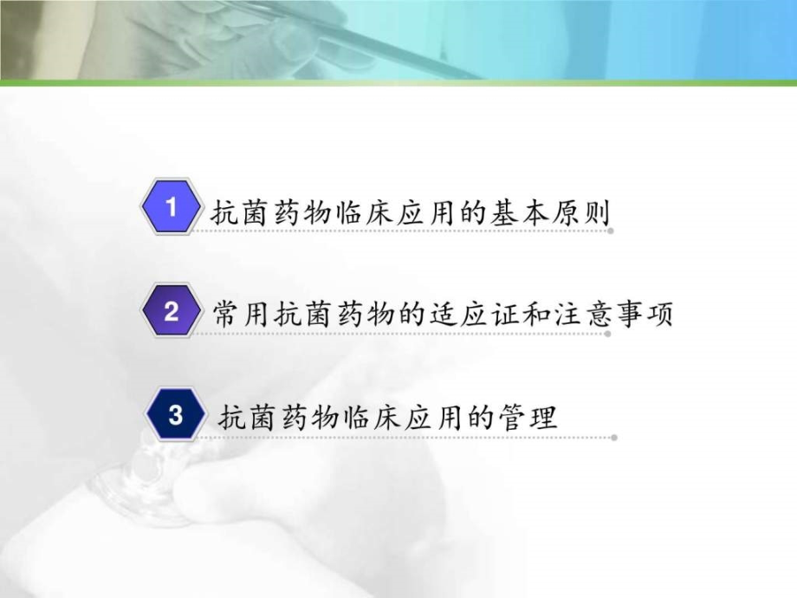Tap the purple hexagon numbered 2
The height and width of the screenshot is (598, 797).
(x=172, y=312)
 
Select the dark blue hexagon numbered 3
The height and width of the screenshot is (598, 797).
(x=176, y=416)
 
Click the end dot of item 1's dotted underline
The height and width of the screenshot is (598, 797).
(x=612, y=231)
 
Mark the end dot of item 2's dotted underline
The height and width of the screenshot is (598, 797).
(x=609, y=334)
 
